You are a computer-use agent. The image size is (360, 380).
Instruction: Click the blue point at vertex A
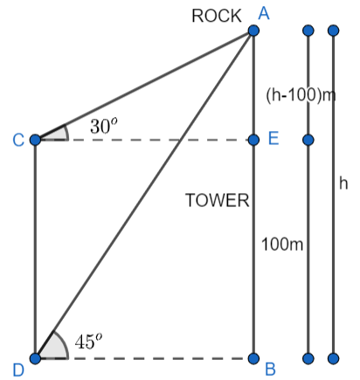[253, 31]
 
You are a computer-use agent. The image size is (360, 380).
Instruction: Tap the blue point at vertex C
[35, 140]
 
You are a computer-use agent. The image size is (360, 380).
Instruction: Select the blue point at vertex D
[35, 358]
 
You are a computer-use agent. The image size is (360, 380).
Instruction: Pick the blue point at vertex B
[253, 358]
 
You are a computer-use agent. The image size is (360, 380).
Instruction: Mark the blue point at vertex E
[253, 140]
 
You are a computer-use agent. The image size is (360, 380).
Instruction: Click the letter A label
[261, 10]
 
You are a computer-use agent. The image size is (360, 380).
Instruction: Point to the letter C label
[16, 140]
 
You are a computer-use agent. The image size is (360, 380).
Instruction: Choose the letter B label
[271, 369]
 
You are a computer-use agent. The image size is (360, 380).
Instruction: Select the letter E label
[273, 140]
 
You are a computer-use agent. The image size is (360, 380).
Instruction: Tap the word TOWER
[218, 201]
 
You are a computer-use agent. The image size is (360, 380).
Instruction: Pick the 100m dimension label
[282, 244]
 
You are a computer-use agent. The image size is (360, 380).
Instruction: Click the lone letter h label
[343, 185]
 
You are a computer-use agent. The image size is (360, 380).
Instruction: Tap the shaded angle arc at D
[49, 349]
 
